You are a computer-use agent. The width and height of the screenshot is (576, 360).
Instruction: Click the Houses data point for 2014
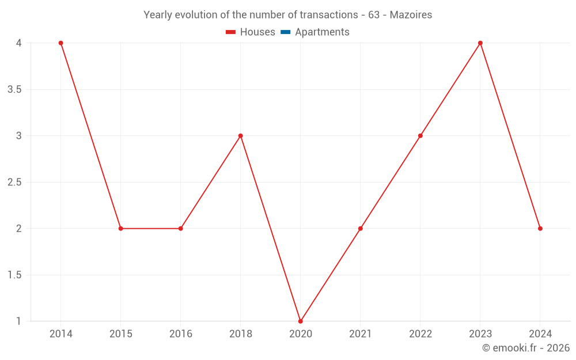pos(60,43)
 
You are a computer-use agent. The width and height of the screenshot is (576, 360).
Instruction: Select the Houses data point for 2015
pos(120,229)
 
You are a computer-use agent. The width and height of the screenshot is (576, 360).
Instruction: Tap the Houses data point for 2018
pos(241,136)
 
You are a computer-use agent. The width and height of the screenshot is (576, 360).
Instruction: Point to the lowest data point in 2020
pos(300,321)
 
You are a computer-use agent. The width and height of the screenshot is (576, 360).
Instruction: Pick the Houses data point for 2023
pos(480,43)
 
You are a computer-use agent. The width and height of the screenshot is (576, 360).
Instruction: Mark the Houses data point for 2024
pos(540,229)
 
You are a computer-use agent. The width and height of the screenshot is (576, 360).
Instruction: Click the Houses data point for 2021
pos(361,229)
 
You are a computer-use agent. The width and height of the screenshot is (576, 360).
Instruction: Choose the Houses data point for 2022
pos(420,136)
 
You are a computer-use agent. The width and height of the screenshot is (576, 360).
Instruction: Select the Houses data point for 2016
pos(180,229)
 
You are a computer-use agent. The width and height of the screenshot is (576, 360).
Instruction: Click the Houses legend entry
pos(251,32)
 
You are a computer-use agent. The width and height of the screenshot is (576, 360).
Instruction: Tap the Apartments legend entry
pos(315,32)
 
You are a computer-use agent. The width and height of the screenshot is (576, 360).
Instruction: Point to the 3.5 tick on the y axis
pos(15,89)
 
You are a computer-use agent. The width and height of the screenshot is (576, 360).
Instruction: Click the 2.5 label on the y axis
pos(15,182)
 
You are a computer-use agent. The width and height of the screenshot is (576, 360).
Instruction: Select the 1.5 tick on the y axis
pos(15,275)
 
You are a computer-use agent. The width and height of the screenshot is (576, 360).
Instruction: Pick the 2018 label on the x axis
pos(241,334)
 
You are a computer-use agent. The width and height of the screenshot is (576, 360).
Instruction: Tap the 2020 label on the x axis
pos(300,334)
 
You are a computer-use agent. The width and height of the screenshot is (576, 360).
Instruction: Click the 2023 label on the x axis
pos(480,334)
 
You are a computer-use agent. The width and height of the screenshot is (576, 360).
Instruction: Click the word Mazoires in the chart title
pos(411,15)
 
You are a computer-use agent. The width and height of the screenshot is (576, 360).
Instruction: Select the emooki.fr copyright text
pos(526,348)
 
